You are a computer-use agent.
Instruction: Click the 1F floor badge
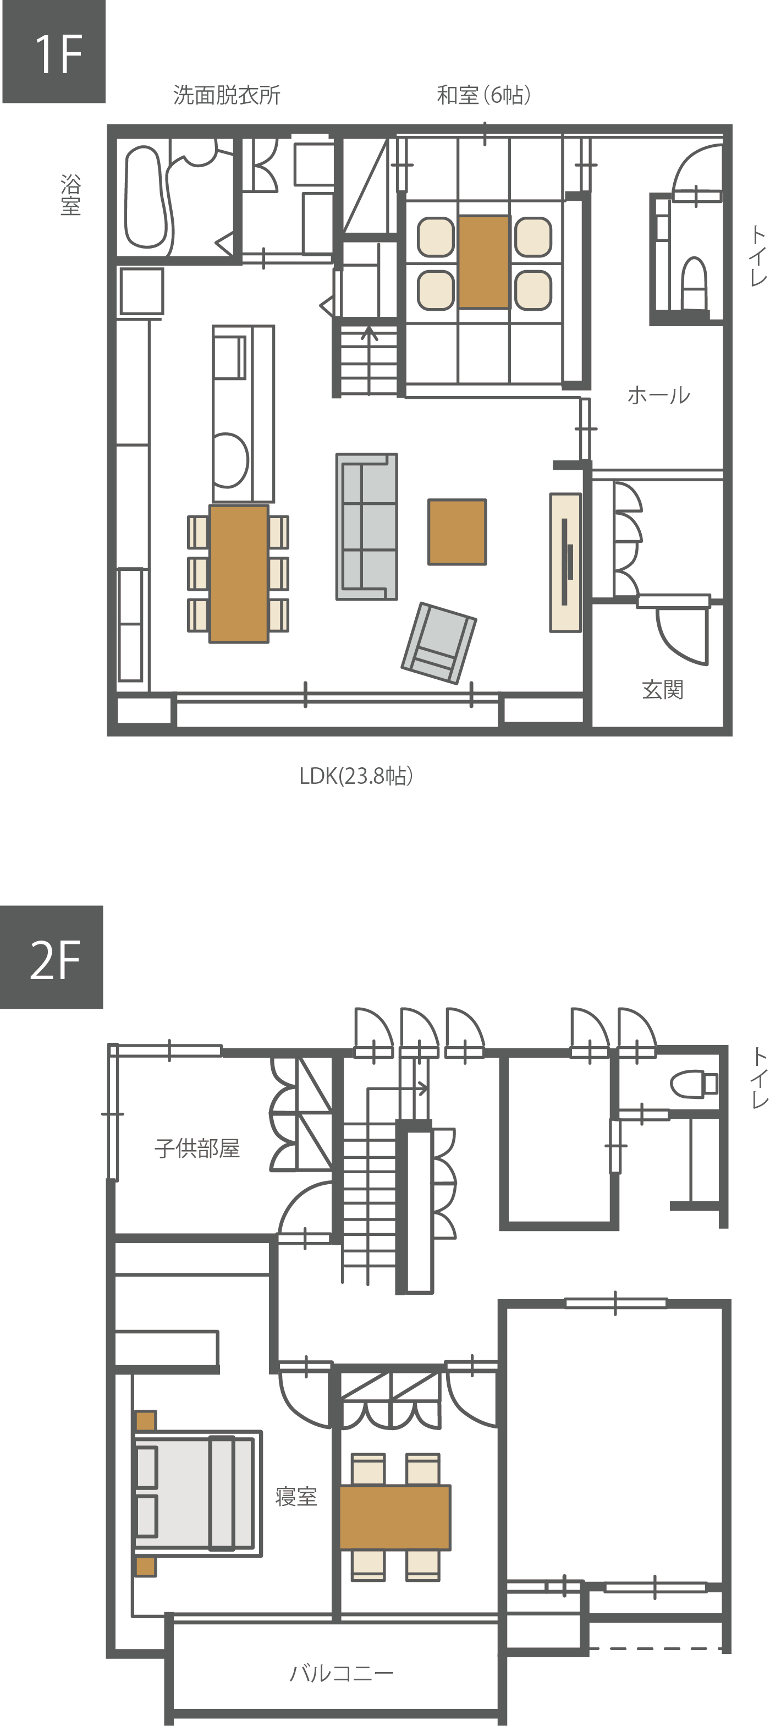[53, 52]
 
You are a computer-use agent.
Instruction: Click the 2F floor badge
[52, 957]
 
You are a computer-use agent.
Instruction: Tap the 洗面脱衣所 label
[227, 95]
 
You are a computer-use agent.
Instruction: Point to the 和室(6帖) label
[484, 95]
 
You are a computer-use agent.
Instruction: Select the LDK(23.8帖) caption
[356, 776]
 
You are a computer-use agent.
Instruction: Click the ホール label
[658, 395]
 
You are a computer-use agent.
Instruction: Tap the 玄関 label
[662, 689]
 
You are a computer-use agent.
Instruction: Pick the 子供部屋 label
[197, 1148]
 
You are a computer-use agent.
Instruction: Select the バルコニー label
[341, 1673]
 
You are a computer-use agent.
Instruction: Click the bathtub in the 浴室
[145, 197]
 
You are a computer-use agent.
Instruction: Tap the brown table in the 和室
[484, 262]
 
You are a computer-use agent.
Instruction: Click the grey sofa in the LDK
[366, 526]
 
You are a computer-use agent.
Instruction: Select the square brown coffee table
[457, 532]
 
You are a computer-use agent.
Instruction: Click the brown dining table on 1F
[239, 574]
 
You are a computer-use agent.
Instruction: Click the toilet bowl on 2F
[694, 1084]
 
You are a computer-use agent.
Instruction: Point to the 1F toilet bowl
[694, 283]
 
